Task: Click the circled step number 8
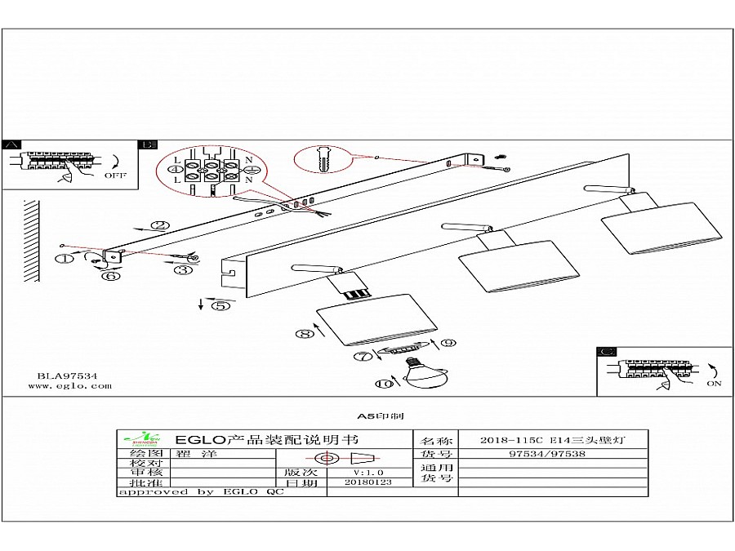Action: coord(305,333)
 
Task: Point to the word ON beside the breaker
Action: coord(715,384)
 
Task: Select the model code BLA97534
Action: coord(68,376)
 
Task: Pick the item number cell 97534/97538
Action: coord(546,454)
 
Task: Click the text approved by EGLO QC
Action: coord(200,492)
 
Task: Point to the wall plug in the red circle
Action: coord(324,159)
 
